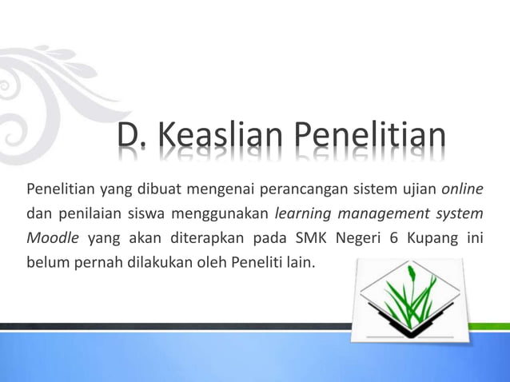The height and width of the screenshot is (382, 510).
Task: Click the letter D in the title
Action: [128, 143]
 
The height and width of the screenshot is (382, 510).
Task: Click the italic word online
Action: [463, 189]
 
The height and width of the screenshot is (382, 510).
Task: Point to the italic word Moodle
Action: [53, 237]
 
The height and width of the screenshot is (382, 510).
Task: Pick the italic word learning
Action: [302, 213]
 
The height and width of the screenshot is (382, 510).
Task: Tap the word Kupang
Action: [438, 237]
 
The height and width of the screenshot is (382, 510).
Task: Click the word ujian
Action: [416, 189]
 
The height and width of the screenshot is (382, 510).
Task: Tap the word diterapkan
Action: [202, 237]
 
